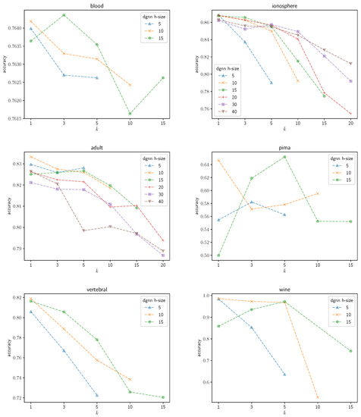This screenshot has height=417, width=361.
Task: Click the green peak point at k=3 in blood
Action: tap(64, 15)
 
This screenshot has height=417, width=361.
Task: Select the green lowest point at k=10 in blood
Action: tap(130, 114)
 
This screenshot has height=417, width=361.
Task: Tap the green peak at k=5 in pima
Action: tap(284, 157)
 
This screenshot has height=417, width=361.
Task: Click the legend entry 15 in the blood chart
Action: tap(155, 41)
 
